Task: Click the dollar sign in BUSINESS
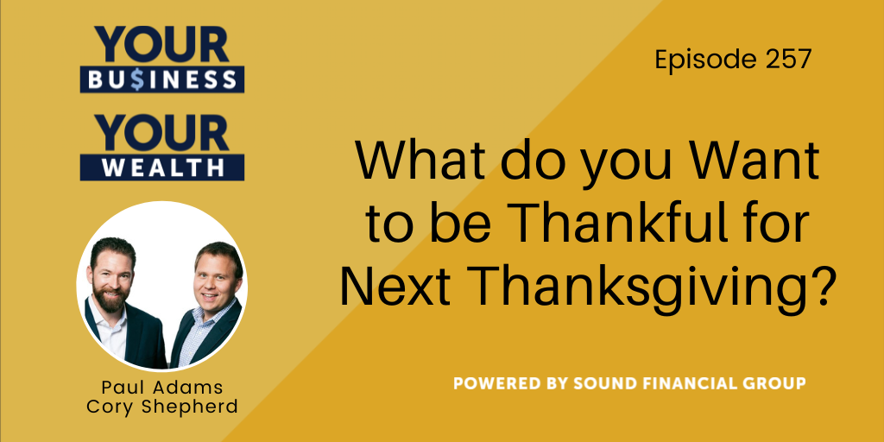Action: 136,79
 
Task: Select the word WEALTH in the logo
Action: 162,167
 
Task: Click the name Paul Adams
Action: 161,388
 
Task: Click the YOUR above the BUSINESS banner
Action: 162,44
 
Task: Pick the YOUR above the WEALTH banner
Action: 162,133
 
